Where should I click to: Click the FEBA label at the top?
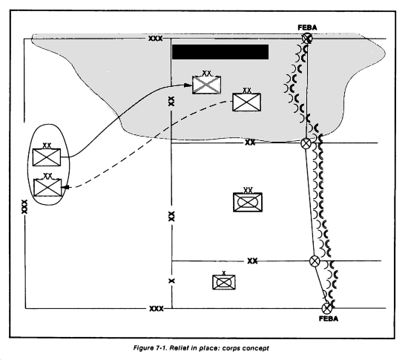307,27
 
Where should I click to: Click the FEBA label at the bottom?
329,319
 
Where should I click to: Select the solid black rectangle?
220,52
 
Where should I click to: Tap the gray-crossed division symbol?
207,85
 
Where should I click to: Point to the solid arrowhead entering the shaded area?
188,85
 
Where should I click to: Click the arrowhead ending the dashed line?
65,187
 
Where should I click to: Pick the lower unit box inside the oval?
47,187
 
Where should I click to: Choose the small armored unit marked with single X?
224,282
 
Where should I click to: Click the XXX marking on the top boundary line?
155,39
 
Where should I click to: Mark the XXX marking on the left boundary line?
24,206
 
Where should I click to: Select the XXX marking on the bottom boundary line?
157,309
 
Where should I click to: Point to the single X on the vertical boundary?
172,281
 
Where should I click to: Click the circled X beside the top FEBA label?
307,39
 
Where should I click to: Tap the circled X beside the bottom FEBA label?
327,309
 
